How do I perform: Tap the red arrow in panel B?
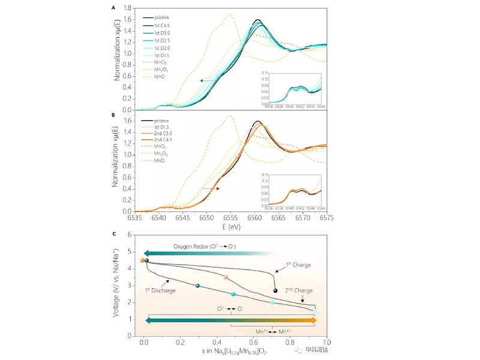click(x=210, y=188)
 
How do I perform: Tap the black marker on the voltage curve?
click(x=275, y=290)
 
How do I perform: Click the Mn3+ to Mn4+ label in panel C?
click(x=269, y=331)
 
